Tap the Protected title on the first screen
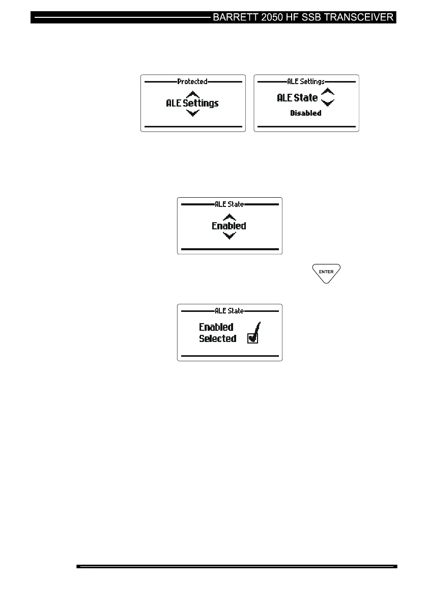[192, 82]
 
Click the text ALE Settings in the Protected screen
[192, 103]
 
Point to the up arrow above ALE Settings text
[192, 94]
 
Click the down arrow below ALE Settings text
[192, 113]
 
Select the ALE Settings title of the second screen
[306, 82]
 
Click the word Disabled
[306, 113]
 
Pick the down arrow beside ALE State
[328, 102]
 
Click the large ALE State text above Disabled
[297, 98]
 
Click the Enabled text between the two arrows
[229, 226]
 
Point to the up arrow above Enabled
[230, 217]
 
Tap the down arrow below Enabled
[230, 235]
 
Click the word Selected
[218, 338]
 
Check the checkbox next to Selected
[253, 338]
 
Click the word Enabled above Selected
[216, 327]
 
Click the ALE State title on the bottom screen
[229, 310]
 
